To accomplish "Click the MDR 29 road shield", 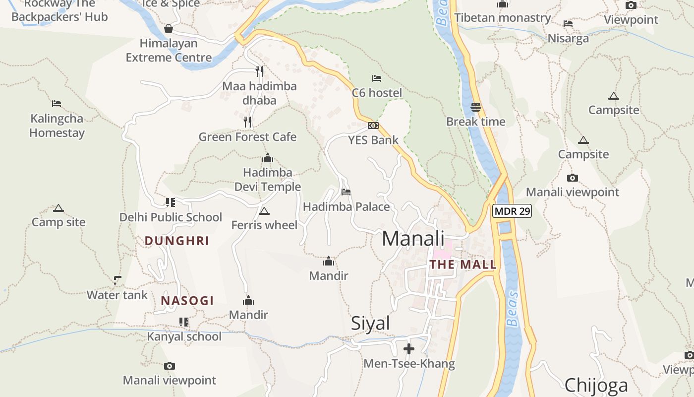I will click(512, 211).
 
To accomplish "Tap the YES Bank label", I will click(373, 140).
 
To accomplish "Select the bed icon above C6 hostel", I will click(377, 78).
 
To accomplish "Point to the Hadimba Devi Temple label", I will click(268, 180).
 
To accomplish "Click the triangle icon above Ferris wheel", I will click(264, 211).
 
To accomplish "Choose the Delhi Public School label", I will click(171, 217).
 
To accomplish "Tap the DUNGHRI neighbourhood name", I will click(177, 241).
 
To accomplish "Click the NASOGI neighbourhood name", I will click(187, 301).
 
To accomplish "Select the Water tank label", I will click(117, 295).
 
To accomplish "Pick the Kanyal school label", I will click(184, 336).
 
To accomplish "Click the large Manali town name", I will click(413, 239).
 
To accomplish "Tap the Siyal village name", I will click(370, 323).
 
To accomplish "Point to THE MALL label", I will click(463, 265).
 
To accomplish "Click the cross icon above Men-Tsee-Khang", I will click(409, 349).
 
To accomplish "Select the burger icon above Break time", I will click(476, 107).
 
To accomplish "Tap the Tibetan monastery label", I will click(503, 18).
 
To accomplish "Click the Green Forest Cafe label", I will click(247, 136).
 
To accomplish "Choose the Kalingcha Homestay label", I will click(57, 126).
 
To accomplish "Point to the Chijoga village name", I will click(596, 385).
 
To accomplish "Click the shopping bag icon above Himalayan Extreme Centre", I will click(169, 29).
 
